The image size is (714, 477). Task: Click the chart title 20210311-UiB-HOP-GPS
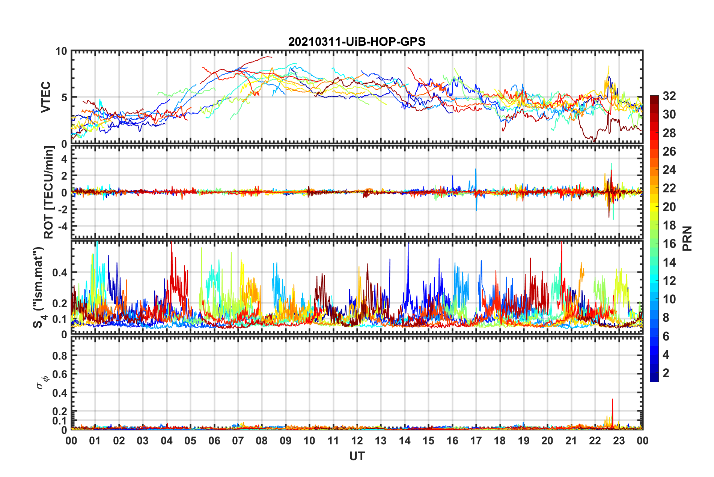point(357,42)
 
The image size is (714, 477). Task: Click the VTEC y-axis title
point(46,97)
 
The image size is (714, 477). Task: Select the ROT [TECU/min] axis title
point(49,192)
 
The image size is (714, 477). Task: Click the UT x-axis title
point(357,456)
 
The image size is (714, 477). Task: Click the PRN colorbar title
point(687,238)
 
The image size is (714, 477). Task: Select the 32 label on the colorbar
point(669,96)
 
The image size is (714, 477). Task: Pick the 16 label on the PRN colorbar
point(669,244)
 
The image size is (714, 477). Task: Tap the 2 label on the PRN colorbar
point(666,373)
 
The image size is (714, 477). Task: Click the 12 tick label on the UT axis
point(357,441)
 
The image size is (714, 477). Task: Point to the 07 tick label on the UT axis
point(238,441)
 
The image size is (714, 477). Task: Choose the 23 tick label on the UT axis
point(619,441)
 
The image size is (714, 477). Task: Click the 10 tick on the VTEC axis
point(61,51)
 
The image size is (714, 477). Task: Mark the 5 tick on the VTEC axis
point(64,97)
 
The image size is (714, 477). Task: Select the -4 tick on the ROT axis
point(62,226)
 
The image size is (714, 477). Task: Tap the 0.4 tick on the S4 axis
point(59,273)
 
